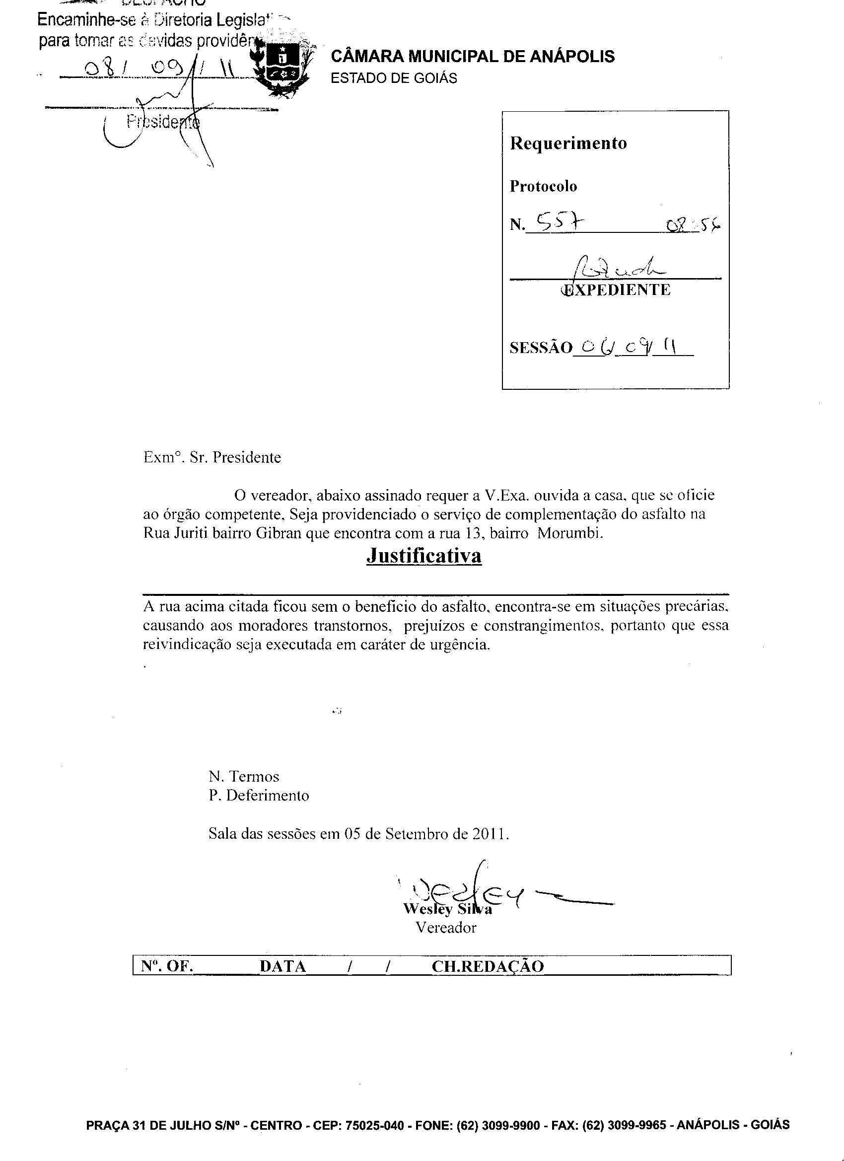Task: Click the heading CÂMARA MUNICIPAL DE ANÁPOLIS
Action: (x=473, y=56)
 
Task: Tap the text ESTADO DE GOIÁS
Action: (x=394, y=78)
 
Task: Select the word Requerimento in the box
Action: (x=568, y=143)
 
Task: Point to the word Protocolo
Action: (x=543, y=186)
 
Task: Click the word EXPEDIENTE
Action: (x=616, y=290)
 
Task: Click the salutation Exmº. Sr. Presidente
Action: (x=212, y=457)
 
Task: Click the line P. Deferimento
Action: (x=259, y=796)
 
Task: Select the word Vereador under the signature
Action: (x=446, y=928)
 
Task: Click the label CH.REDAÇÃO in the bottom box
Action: (x=487, y=966)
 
